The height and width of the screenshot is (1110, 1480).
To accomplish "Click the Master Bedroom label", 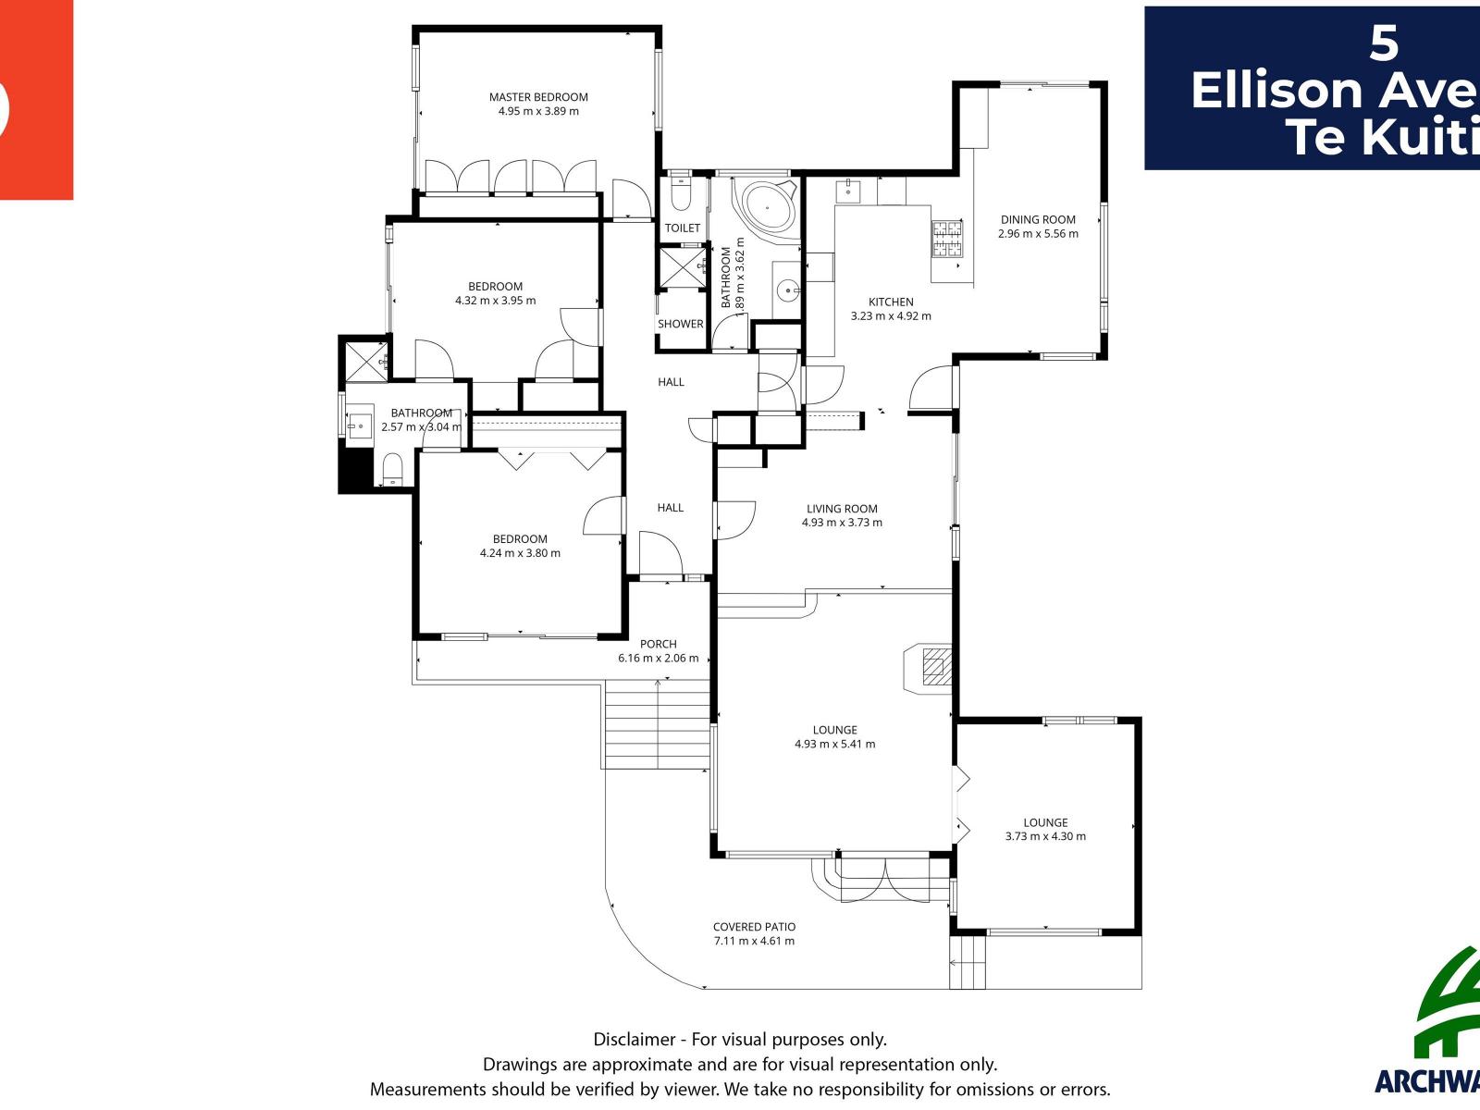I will pos(538,97).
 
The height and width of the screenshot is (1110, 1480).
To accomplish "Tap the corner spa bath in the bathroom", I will pos(766,209).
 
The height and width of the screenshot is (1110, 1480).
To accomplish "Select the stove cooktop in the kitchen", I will pos(947,239).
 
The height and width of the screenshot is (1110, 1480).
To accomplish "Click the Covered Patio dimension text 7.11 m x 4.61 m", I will pos(754,942).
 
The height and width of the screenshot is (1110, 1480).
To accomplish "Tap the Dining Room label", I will pos(1038,220).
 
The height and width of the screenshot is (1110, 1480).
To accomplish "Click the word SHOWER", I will pos(681,324).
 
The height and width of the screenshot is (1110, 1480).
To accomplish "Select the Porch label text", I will pos(659,645).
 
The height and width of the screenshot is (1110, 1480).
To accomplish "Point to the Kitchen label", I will pos(891,302).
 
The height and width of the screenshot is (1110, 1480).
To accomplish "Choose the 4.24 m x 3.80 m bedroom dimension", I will pos(520,553).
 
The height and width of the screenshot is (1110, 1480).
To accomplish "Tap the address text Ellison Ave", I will pos(1332,91).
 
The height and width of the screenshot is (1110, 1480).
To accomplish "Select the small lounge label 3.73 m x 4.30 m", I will pos(1045,836).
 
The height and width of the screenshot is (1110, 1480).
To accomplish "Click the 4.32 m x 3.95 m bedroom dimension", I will pos(495,301).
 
